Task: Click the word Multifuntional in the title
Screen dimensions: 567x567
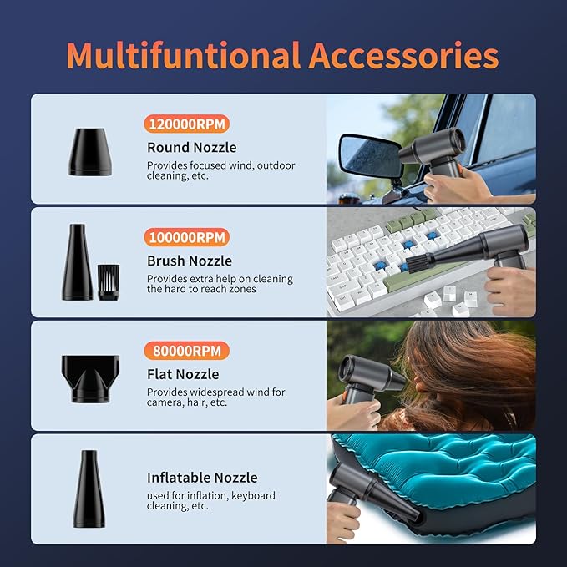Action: pos(184,55)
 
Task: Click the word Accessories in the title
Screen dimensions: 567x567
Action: pos(403,55)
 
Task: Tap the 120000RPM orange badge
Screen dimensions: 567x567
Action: pos(187,124)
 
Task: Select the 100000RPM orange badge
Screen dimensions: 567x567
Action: pos(187,238)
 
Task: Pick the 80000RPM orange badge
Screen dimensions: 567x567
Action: pos(187,351)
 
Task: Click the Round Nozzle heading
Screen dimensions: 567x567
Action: pos(192,148)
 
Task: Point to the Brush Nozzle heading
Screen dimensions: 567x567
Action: pos(190,261)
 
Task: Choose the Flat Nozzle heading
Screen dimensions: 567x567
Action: pos(183,374)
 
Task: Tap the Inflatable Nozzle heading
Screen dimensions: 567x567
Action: pos(202,478)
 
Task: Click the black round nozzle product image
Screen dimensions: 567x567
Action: pos(90,152)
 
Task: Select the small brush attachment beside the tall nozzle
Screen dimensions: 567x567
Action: pos(109,282)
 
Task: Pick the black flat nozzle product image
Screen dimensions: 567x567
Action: pos(90,378)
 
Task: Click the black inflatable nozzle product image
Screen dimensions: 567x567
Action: pos(89,489)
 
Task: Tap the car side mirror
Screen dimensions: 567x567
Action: pos(371,156)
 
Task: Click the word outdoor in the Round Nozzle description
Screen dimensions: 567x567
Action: pos(276,165)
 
